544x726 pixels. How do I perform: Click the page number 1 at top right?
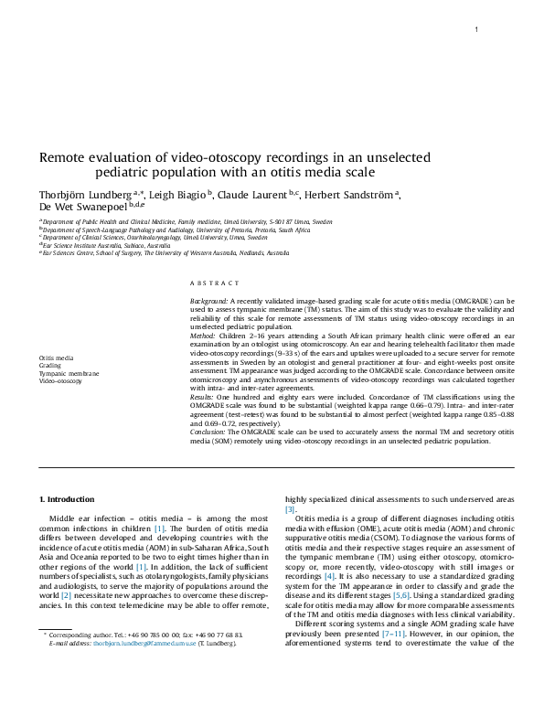476,31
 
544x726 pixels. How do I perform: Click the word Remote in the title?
64,156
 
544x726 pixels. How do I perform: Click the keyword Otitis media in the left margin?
57,358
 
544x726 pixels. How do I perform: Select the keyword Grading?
50,366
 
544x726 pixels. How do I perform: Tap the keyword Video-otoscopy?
59,380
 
